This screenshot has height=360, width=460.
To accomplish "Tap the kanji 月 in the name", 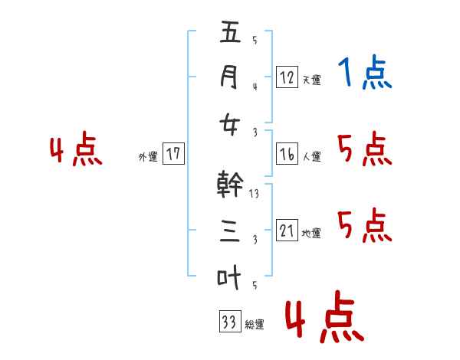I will click(230, 77).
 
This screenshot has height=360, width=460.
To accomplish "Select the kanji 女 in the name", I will click(230, 123).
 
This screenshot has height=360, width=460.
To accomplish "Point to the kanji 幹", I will click(230, 185).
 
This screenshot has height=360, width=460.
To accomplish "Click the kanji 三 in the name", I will click(230, 231).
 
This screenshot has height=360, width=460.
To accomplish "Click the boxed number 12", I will click(287, 77).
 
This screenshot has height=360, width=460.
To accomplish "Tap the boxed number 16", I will click(287, 154).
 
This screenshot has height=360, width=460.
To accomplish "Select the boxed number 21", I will click(287, 231).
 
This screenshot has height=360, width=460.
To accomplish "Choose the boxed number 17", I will click(173, 154).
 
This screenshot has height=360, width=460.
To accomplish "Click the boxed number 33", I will click(228, 322).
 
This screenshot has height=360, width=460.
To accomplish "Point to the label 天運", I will click(311, 80).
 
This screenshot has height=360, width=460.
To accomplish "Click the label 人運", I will click(311, 157).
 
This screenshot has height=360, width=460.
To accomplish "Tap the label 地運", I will click(311, 234).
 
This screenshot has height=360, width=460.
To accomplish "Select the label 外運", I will click(147, 157).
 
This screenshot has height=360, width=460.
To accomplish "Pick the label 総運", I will click(255, 325).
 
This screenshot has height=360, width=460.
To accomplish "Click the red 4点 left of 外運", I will click(76, 151).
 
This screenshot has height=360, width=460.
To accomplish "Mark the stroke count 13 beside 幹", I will click(255, 194).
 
